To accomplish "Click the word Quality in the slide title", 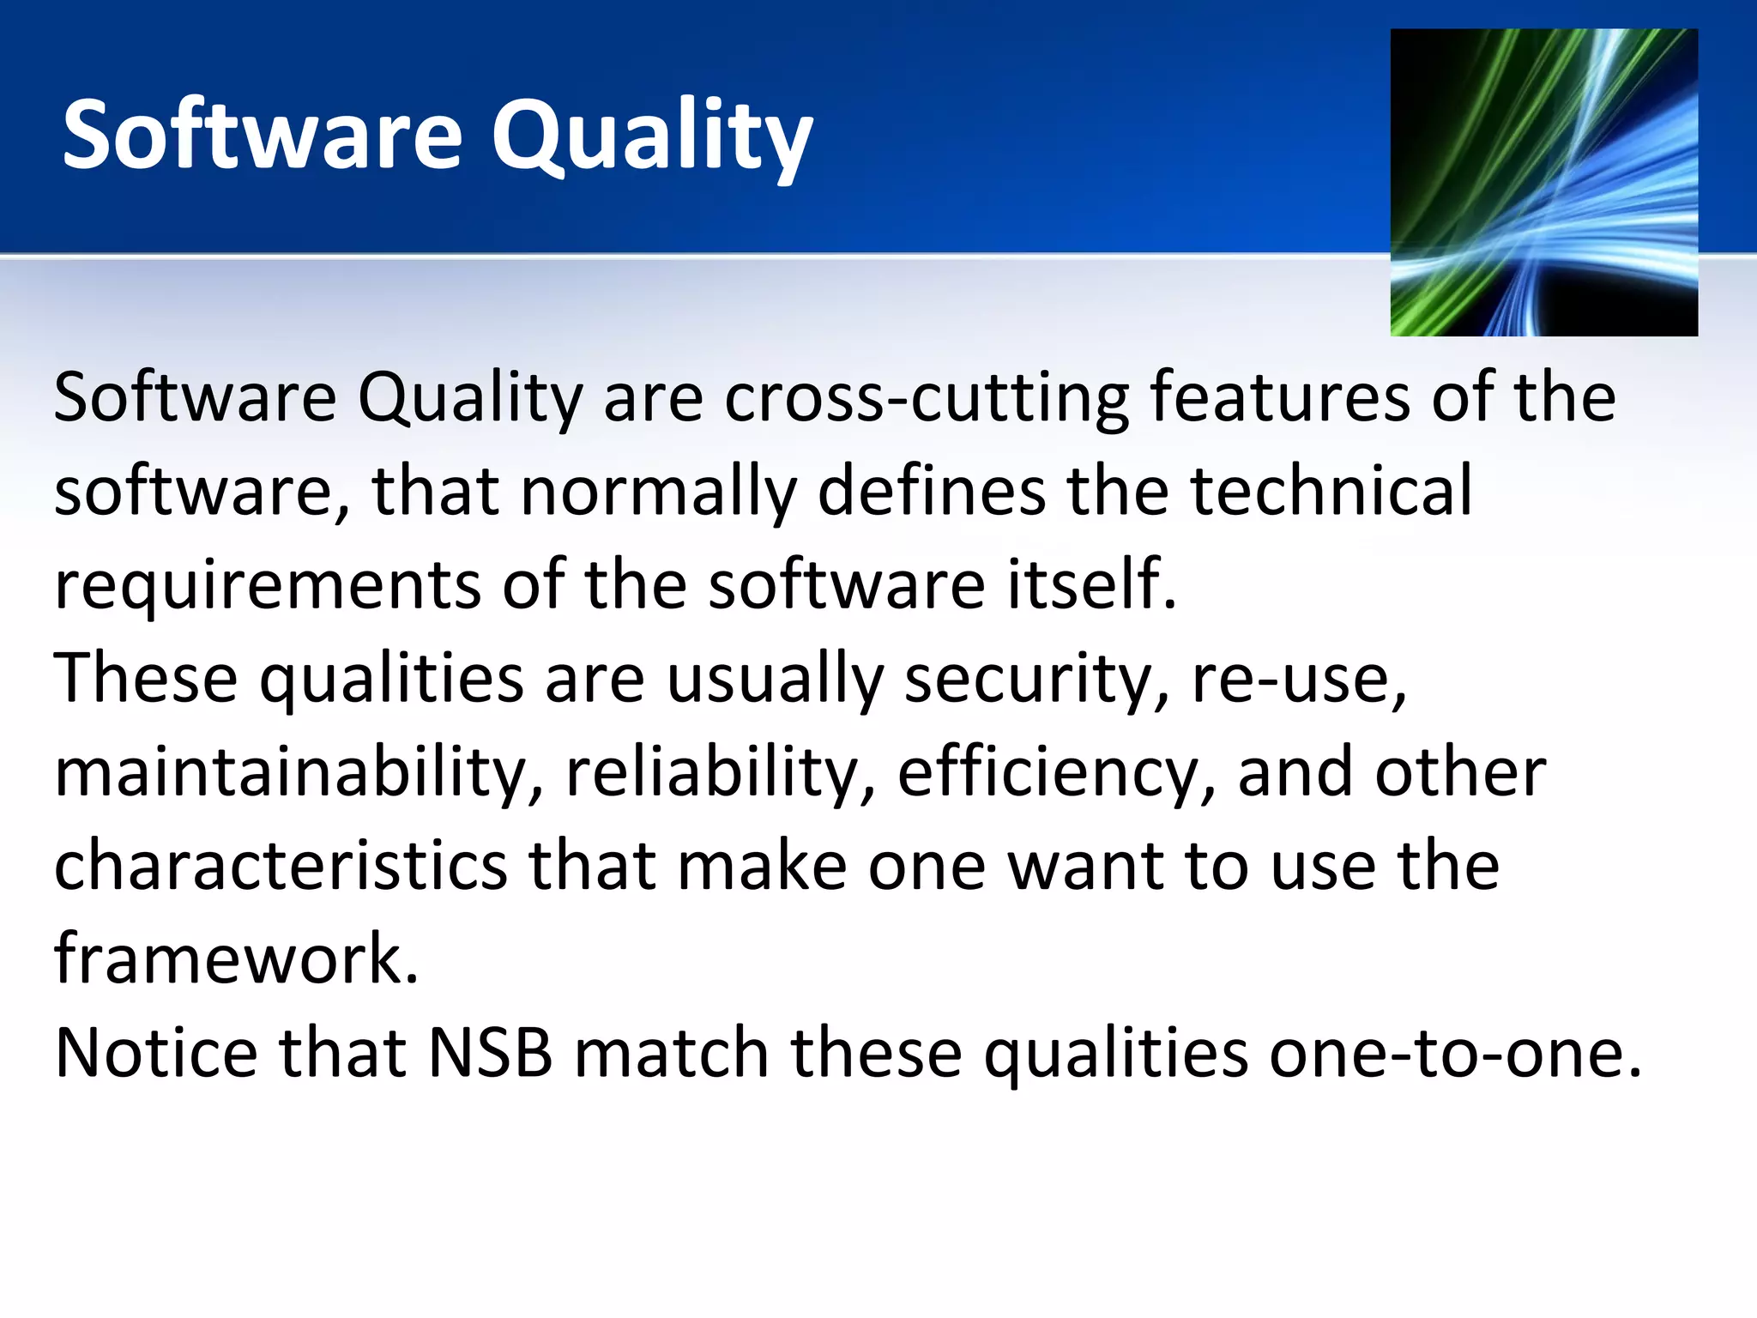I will (x=651, y=136).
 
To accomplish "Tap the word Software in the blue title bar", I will (x=263, y=136).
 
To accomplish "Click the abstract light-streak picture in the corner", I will (x=1543, y=182).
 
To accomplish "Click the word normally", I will (x=658, y=491).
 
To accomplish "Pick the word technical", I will (x=1331, y=491).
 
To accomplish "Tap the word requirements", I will (x=268, y=584).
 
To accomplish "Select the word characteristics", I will (x=281, y=866).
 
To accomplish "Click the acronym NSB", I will (x=491, y=1053).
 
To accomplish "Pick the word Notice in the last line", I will (x=156, y=1053).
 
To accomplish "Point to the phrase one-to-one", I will (x=1455, y=1053).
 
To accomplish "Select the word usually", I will (x=775, y=679).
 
